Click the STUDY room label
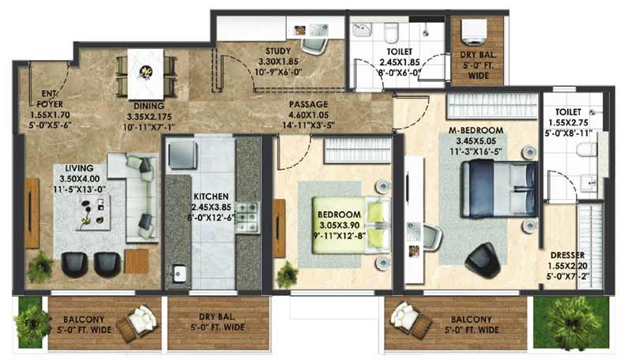(x=278, y=51)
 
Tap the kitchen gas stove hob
(x=246, y=217)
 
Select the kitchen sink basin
(x=178, y=274)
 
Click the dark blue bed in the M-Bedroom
(x=499, y=189)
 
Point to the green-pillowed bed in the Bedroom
(x=352, y=225)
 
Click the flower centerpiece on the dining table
(x=146, y=73)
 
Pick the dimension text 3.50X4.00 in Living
(x=80, y=178)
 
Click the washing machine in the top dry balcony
(x=473, y=32)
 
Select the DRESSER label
(x=567, y=255)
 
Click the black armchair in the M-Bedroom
(x=483, y=261)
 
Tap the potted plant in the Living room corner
(x=40, y=267)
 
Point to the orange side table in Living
(x=137, y=261)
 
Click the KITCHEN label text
(x=211, y=197)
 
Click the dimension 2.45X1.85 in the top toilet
(x=400, y=62)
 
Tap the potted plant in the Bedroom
(x=288, y=275)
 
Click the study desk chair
(x=314, y=46)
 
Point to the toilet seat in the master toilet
(x=585, y=150)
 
